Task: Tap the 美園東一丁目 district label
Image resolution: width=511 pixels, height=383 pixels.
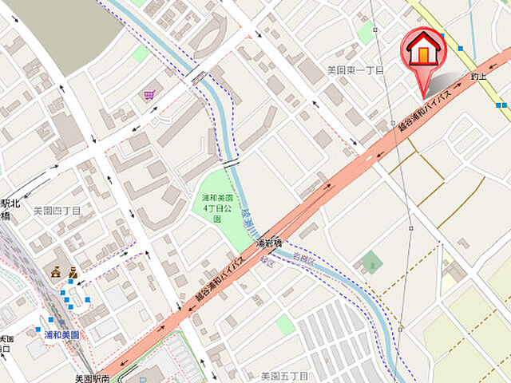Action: point(355,71)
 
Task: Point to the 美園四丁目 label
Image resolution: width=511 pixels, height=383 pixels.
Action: point(57,211)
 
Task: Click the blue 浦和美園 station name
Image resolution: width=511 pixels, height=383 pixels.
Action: point(61,336)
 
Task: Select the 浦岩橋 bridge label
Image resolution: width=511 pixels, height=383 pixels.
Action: point(270,242)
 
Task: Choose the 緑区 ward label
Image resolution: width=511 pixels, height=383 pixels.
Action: point(266,261)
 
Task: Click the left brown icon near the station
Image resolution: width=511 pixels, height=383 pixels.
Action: point(56,272)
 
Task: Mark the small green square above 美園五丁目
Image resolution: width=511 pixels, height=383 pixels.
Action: point(285,324)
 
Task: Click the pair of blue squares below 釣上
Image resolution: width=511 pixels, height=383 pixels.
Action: point(501,105)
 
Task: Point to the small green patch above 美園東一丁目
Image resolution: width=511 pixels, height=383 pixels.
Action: point(366,33)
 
